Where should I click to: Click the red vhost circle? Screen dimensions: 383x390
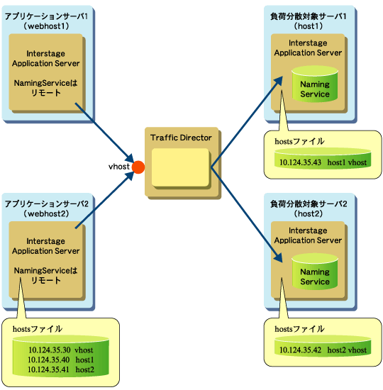pyautogui.click(x=138, y=167)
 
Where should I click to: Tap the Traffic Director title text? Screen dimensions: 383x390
pyautogui.click(x=181, y=138)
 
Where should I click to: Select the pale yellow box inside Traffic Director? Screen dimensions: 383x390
pyautogui.click(x=180, y=167)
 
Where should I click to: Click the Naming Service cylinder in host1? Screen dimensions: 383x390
pyautogui.click(x=315, y=84)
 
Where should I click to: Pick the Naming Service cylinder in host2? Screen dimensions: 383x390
pyautogui.click(x=315, y=272)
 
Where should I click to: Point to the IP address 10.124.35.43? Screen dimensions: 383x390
pyautogui.click(x=300, y=162)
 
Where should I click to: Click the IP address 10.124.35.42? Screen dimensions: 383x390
pyautogui.click(x=300, y=350)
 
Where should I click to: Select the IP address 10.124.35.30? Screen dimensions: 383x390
pyautogui.click(x=50, y=350)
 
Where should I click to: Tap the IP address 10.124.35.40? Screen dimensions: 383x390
pyautogui.click(x=48, y=360)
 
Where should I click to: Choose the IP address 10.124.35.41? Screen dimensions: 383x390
pyautogui.click(x=48, y=369)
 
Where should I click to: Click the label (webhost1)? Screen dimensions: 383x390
pyautogui.click(x=46, y=26)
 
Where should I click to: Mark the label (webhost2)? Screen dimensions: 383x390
pyautogui.click(x=46, y=213)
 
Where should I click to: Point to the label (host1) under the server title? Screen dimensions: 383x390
pyautogui.click(x=308, y=26)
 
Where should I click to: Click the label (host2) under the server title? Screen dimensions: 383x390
pyautogui.click(x=308, y=213)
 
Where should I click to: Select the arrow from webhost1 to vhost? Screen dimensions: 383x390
pyautogui.click(x=104, y=133)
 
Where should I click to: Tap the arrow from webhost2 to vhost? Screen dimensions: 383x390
pyautogui.click(x=104, y=200)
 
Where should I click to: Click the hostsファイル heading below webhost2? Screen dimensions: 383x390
pyautogui.click(x=38, y=329)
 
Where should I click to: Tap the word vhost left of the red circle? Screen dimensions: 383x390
pyautogui.click(x=119, y=167)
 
